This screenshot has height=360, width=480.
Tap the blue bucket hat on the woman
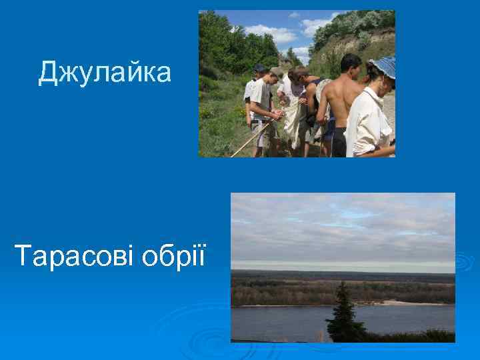(384, 67)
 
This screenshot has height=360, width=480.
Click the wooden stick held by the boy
(250, 140)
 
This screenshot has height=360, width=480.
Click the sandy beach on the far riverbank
(400, 303)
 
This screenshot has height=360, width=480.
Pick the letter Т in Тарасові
(22, 254)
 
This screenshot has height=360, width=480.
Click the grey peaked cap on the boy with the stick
(276, 71)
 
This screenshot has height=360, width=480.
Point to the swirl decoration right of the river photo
(463, 260)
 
